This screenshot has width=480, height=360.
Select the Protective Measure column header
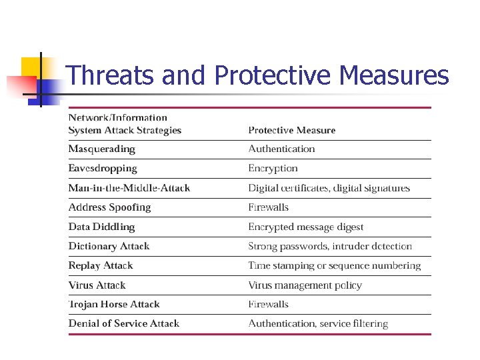[291, 130]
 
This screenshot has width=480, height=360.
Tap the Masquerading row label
[101, 149]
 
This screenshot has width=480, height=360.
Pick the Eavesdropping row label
[103, 168]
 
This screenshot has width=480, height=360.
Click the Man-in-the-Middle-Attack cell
[129, 188]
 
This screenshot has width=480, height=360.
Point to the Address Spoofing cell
[109, 207]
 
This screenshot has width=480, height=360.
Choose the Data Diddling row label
[101, 227]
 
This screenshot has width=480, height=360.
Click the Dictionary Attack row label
[109, 246]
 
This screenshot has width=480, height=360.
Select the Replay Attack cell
[101, 265]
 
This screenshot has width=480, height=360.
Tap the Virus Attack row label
[97, 285]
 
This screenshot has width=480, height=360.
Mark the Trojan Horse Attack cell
[114, 304]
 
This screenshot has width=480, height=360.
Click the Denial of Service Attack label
[123, 323]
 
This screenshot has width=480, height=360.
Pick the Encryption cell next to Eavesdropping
[273, 168]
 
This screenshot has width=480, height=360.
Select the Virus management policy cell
[305, 285]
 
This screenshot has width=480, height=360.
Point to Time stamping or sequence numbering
[334, 265]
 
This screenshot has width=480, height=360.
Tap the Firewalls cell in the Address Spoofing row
[268, 207]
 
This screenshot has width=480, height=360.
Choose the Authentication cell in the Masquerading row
[281, 149]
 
